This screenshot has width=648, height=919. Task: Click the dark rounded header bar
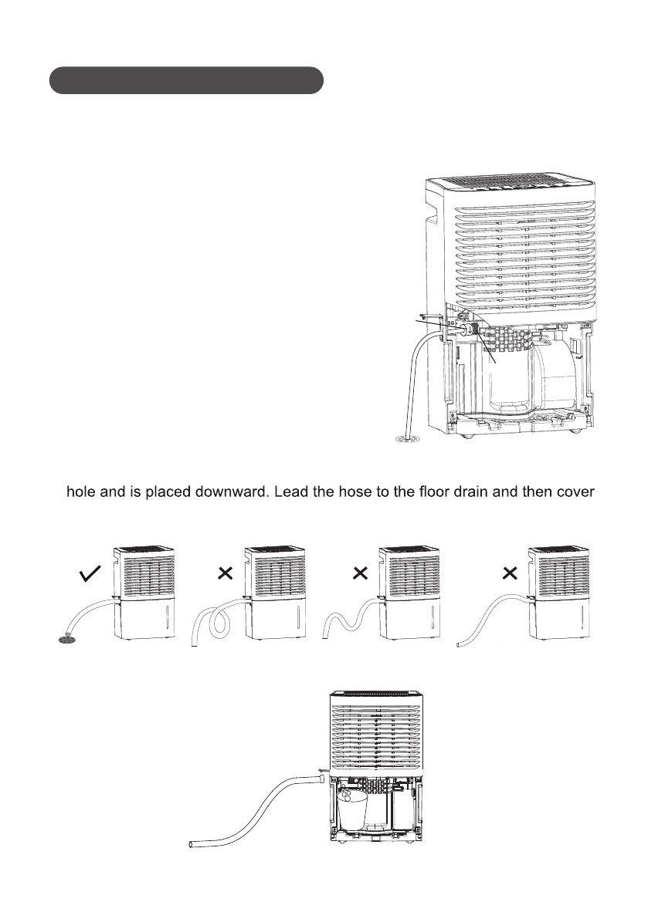(x=185, y=80)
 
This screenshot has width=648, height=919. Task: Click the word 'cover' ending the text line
(x=572, y=491)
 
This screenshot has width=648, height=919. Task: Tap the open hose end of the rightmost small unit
(x=460, y=642)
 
